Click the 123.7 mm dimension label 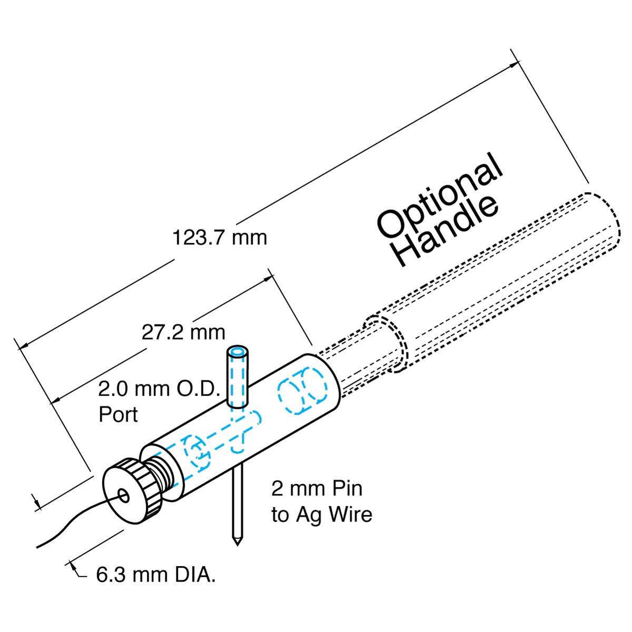[x=220, y=238]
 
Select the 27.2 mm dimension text [x=183, y=332]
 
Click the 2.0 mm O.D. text [x=158, y=390]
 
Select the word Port [x=118, y=414]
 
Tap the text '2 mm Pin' [x=317, y=488]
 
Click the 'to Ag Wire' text [x=322, y=514]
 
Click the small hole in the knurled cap [x=124, y=495]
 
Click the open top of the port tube [x=238, y=351]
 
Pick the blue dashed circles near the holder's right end [x=303, y=391]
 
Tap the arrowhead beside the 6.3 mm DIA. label [x=73, y=567]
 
